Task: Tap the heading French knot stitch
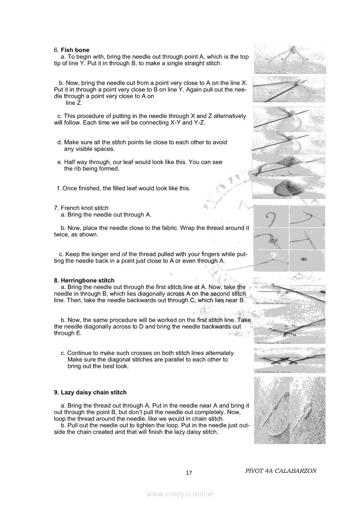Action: point(85,208)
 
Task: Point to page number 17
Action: point(189,473)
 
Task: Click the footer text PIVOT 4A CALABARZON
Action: point(281,471)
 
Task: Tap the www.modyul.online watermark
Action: point(180,494)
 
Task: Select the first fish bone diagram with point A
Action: point(290,60)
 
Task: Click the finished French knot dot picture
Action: point(307,260)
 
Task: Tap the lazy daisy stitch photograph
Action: point(290,410)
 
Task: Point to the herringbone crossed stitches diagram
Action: point(290,360)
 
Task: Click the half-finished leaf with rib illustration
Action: point(289,165)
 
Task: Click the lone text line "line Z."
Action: point(74,103)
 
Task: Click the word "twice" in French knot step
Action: point(61,235)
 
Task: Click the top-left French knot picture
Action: point(271,217)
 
